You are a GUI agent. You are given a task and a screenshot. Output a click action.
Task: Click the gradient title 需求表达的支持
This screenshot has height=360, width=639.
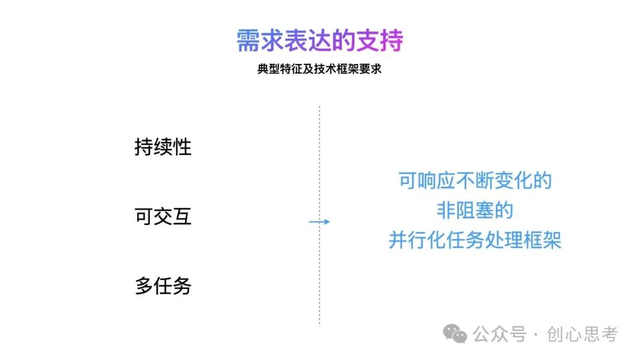click(x=319, y=41)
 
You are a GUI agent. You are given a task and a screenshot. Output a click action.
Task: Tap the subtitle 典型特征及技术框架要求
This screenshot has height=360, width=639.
click(x=319, y=69)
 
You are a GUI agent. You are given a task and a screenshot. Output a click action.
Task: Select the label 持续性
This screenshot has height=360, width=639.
click(x=163, y=147)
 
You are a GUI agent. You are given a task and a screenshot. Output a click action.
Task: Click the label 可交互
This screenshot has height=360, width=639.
click(x=163, y=217)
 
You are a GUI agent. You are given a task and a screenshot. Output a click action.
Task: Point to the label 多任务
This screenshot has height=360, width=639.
click(x=163, y=287)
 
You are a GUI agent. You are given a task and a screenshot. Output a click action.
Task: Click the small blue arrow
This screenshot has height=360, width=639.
click(x=319, y=222)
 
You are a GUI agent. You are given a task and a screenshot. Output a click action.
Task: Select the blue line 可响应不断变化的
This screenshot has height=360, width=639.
click(x=475, y=180)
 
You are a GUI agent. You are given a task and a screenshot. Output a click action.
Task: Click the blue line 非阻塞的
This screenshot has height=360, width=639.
click(x=475, y=210)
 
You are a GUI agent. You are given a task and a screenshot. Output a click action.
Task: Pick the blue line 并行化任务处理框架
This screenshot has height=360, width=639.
click(x=475, y=240)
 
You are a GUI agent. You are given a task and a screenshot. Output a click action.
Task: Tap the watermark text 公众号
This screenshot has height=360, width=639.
click(x=499, y=335)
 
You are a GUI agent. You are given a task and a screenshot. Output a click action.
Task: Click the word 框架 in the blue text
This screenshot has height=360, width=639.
click(x=543, y=240)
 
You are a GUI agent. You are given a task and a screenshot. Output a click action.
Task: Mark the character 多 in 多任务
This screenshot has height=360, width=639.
click(x=144, y=287)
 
